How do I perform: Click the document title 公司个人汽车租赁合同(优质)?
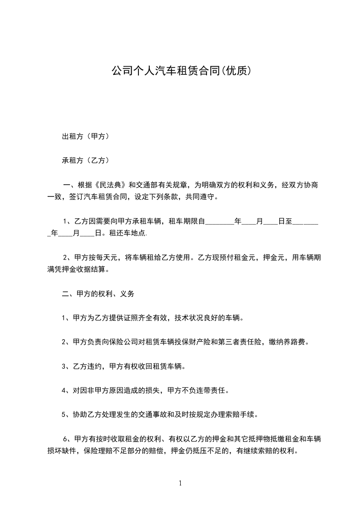[181, 71]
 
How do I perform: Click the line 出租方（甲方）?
[85, 136]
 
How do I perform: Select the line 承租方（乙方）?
[85, 160]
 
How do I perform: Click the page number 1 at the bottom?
[180, 484]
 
